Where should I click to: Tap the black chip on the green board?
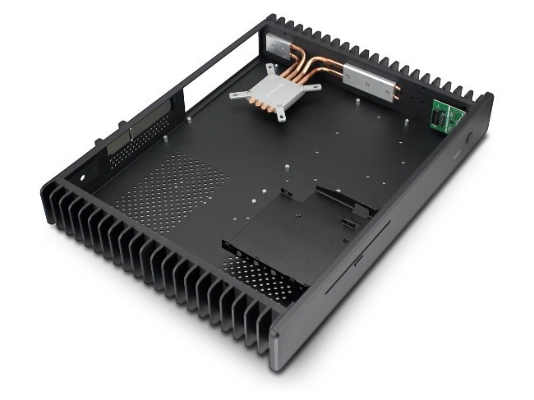[x=443, y=118]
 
